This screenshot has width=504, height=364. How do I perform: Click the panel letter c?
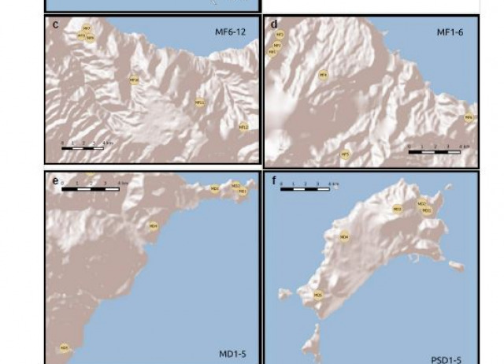point(55,24)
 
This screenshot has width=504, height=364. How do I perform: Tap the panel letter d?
point(274,24)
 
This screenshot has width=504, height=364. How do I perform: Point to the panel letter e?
point(55,181)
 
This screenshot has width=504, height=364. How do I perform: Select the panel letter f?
point(273,180)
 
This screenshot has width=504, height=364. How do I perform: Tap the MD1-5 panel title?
point(232,354)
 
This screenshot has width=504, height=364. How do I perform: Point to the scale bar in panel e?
point(91,188)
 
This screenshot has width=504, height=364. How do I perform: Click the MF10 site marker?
point(134,80)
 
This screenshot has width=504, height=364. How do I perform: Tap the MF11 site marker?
point(199,102)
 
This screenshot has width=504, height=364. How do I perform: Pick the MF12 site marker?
point(243,126)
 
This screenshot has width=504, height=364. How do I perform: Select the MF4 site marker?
point(322,75)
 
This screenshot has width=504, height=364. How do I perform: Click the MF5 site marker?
point(344,154)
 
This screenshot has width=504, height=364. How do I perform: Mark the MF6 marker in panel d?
point(469,117)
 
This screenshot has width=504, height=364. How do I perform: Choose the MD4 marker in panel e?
point(154,225)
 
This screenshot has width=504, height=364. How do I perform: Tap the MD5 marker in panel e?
point(64,347)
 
